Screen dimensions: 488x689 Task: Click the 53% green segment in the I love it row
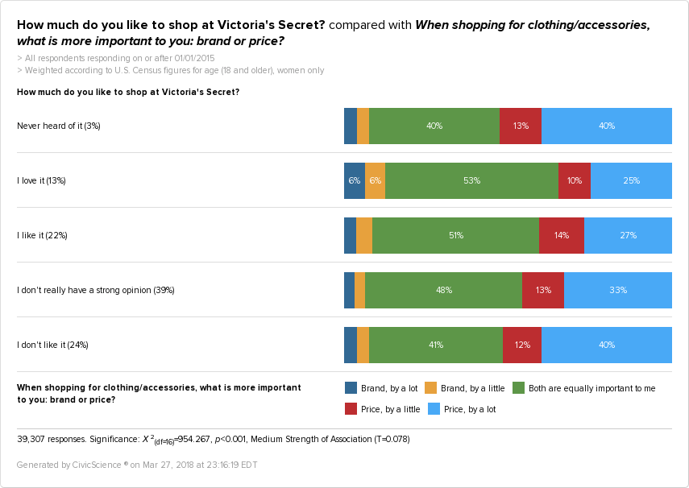coord(471,180)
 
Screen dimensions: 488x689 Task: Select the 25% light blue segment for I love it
coord(631,180)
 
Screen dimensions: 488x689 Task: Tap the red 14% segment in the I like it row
coord(562,235)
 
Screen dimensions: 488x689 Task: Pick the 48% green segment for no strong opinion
coord(443,290)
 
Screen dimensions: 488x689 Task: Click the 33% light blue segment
coord(618,290)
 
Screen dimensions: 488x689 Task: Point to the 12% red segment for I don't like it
coord(522,345)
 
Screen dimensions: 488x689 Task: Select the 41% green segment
coord(436,345)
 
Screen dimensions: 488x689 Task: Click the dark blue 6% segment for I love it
coord(354,180)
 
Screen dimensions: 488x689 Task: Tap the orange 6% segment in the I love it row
coord(375,180)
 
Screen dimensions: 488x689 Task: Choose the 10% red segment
coord(575,180)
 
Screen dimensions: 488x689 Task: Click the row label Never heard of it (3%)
coord(59,126)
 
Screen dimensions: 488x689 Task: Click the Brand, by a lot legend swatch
coord(351,388)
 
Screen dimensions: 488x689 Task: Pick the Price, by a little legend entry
coord(383,409)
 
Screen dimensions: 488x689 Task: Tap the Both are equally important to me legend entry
coord(584,388)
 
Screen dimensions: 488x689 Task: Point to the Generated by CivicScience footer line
coord(137,465)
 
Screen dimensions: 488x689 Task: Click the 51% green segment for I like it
coord(455,235)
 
